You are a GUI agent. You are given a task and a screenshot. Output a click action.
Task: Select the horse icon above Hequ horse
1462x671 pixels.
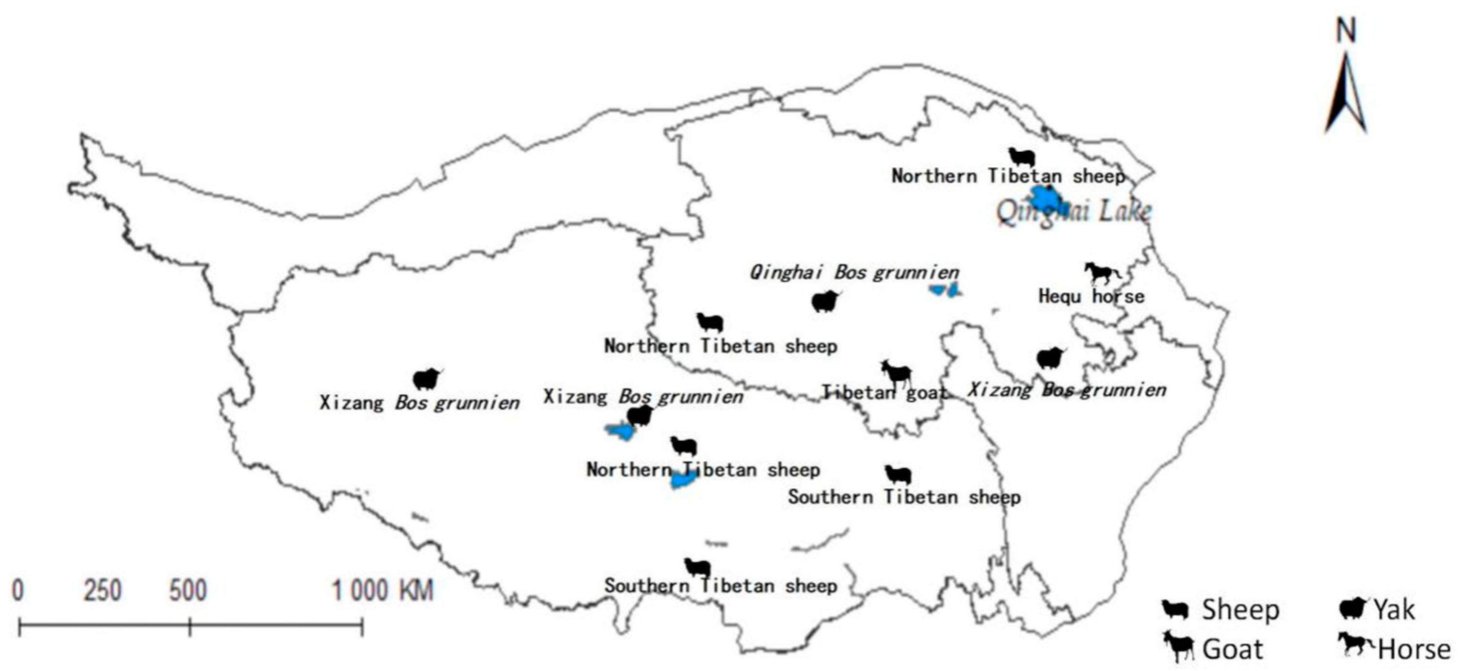point(1102,273)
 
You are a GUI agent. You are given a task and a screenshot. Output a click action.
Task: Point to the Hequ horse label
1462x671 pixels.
point(1091,296)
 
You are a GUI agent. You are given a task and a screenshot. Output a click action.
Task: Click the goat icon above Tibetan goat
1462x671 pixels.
point(897,374)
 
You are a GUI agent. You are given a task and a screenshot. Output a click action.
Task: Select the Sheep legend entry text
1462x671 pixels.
point(1240,610)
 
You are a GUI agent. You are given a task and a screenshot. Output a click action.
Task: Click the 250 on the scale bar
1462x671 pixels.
point(103,591)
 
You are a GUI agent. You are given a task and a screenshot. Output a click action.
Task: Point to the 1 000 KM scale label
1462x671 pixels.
point(382,591)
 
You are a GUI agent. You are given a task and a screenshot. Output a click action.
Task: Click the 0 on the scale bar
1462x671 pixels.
point(18,591)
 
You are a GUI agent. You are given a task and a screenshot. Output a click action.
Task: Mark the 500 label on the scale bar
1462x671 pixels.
point(188,591)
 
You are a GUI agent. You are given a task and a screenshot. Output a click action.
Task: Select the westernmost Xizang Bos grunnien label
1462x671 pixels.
point(419,403)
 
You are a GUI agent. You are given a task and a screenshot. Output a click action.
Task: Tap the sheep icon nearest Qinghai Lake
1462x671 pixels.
point(1022,157)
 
